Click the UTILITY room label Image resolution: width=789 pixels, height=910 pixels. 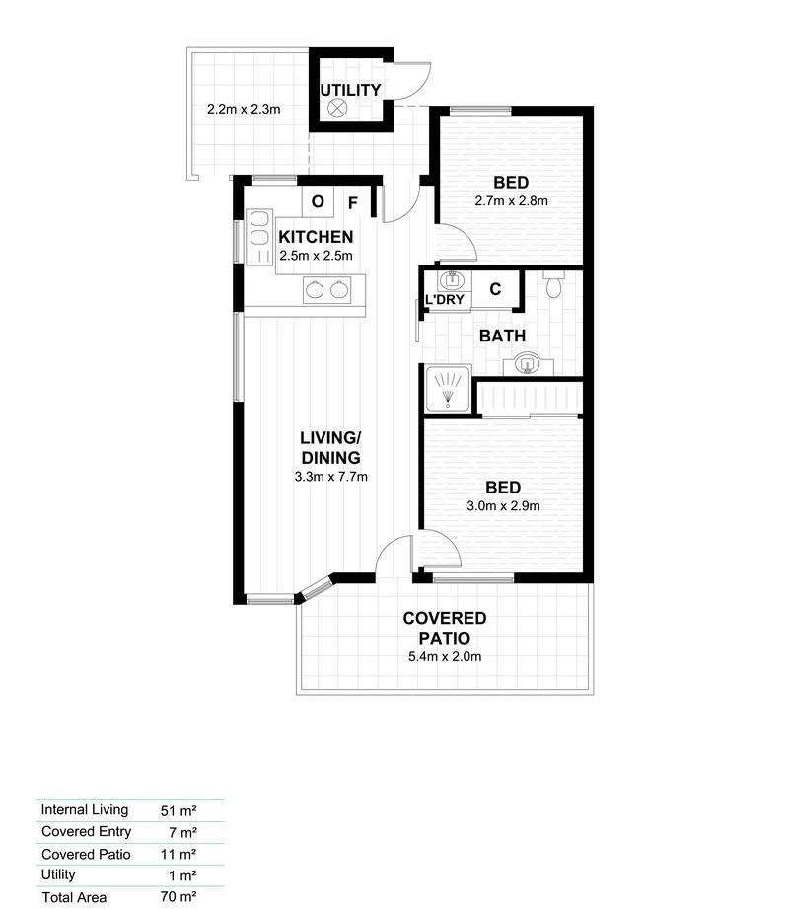point(350,90)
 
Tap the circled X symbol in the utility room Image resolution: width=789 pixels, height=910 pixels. point(337,108)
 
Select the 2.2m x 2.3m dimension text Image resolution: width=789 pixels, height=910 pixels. point(244,109)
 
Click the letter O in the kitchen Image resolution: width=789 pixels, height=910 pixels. point(318,201)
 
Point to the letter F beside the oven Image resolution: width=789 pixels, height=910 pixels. point(352,203)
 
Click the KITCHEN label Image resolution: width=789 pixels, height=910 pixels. point(316,237)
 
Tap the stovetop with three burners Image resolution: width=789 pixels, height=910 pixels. point(259,237)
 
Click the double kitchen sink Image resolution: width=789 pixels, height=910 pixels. point(327,289)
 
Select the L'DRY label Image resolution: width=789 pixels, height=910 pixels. point(445,299)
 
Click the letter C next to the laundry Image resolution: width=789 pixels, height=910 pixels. point(495,289)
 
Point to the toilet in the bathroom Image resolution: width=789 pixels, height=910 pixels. point(553,284)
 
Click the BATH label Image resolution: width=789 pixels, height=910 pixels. point(503,336)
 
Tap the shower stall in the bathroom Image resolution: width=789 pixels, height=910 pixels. point(448,388)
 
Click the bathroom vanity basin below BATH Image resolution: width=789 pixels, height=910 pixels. point(528,364)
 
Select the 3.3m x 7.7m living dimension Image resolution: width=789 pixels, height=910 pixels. point(331,477)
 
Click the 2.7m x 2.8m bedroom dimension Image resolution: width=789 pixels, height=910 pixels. point(511,200)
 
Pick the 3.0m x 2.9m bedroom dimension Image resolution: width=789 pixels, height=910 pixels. point(503,505)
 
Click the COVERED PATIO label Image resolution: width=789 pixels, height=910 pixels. point(445,628)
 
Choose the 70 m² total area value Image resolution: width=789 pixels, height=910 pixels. point(179,896)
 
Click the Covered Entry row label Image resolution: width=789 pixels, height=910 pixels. point(87,832)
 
